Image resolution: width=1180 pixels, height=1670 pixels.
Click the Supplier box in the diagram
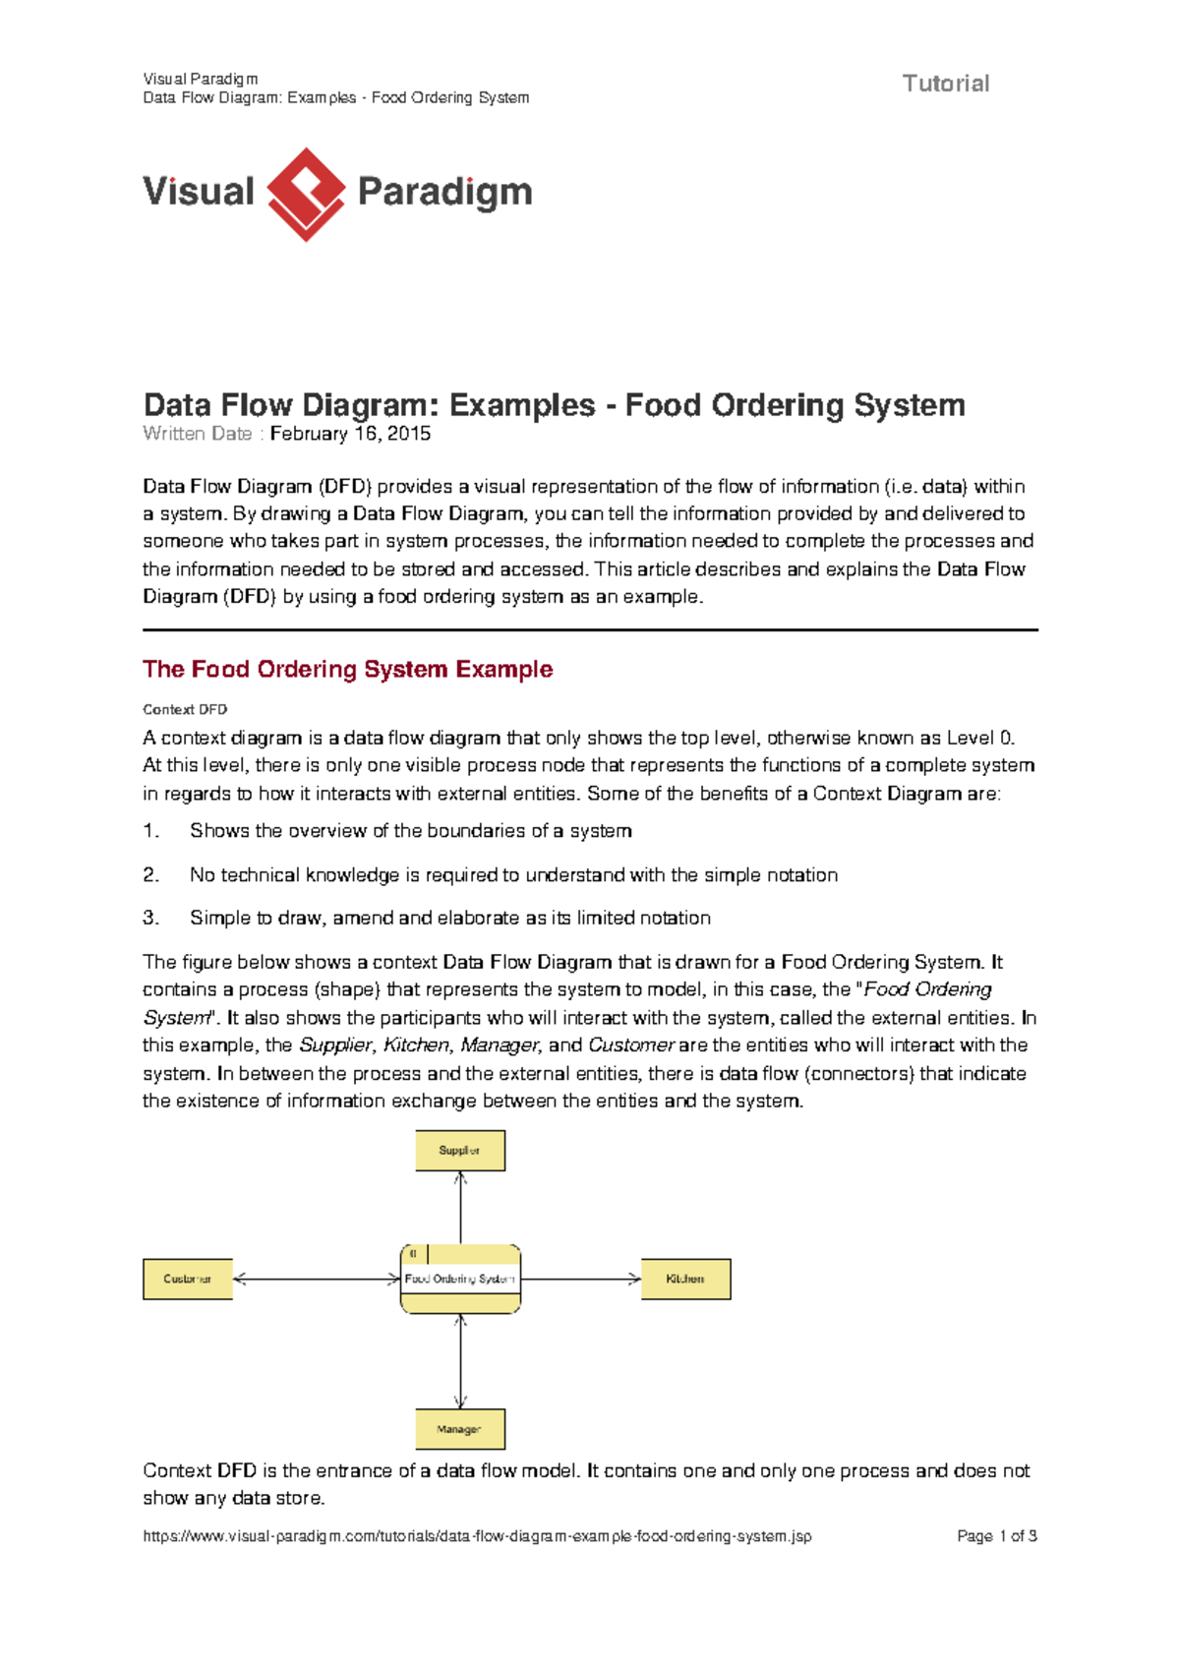[x=460, y=1150]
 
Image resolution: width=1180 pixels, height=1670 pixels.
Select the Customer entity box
[x=188, y=1279]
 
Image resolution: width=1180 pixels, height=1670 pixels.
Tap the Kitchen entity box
[x=685, y=1279]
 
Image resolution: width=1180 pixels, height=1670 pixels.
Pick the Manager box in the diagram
[x=460, y=1428]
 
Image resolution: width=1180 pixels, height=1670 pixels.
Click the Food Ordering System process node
[x=460, y=1279]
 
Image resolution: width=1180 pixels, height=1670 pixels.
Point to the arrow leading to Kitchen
[x=580, y=1279]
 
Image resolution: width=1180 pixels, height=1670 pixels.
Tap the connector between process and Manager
[x=460, y=1361]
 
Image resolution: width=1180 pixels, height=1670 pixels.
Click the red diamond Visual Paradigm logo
[x=306, y=194]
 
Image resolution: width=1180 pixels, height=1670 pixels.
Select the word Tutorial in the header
[x=945, y=84]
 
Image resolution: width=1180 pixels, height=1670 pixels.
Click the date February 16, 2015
[x=350, y=434]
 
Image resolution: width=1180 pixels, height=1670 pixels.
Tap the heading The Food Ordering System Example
[x=347, y=669]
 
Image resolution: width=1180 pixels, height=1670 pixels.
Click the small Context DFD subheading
[x=185, y=709]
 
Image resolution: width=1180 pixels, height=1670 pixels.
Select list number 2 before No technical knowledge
[x=150, y=874]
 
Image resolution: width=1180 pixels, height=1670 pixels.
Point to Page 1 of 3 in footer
[x=996, y=1535]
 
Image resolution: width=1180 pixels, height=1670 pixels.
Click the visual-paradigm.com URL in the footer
[x=477, y=1535]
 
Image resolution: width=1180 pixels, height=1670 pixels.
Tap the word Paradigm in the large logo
[x=444, y=192]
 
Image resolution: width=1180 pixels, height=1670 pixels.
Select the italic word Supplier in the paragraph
[x=335, y=1044]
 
